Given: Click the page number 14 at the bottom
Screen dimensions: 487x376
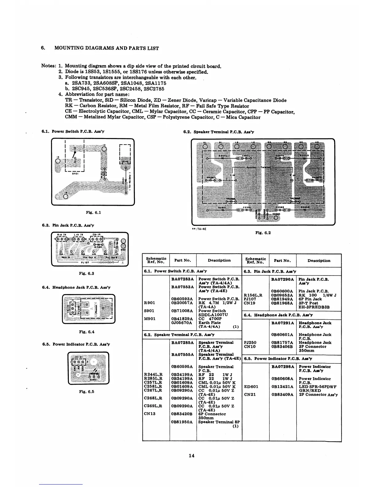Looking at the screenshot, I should point(192,456).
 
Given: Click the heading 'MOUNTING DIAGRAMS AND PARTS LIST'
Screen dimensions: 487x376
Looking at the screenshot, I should point(107,48).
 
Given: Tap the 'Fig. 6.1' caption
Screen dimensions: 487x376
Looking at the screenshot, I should point(93,212).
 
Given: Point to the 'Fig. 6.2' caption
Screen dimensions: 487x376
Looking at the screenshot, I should point(263,233).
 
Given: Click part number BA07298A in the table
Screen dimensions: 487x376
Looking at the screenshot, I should point(283,366).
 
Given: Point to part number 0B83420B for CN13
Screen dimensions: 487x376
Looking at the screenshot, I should point(182,414).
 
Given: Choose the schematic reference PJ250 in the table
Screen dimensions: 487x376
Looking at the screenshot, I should point(250,342).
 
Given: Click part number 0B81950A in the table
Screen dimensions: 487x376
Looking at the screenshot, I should point(182,422).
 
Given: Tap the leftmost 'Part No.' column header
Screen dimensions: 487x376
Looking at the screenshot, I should point(182,260).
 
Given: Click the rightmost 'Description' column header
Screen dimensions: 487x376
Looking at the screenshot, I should point(319,260).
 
